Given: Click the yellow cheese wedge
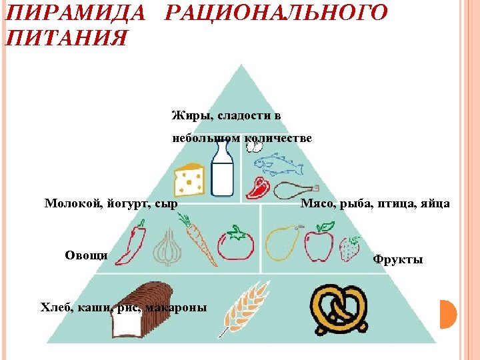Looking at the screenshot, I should point(189,180).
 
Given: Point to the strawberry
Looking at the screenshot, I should point(350,249).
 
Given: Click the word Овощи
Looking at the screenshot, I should point(86,254).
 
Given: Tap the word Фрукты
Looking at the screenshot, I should point(397,259).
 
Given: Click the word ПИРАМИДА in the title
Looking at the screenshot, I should point(73,13).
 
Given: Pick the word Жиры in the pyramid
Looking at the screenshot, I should point(188,115).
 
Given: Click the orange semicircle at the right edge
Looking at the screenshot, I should point(447,314).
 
